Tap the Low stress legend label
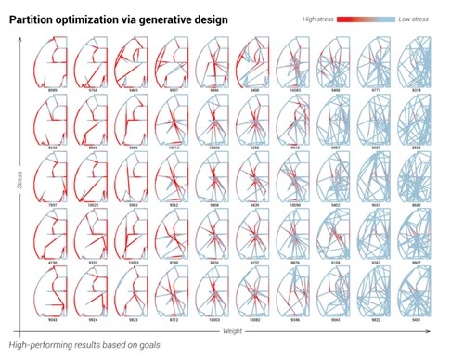(x=426, y=19)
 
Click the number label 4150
(x=53, y=263)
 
